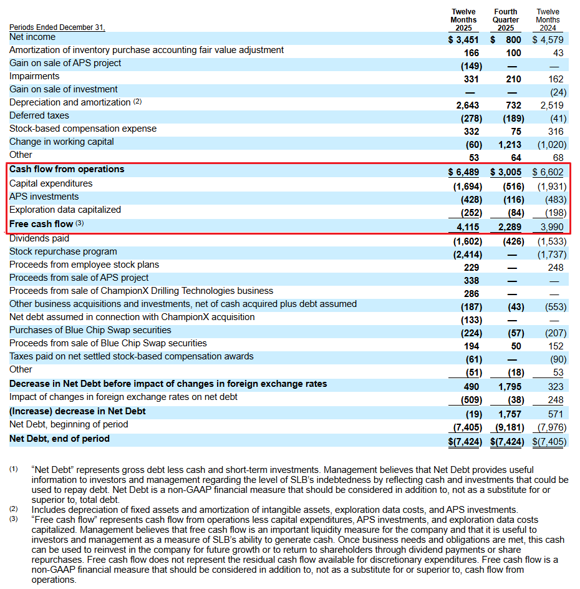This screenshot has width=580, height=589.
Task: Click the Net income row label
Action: click(x=32, y=37)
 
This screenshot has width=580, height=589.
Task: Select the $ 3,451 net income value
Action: click(x=463, y=40)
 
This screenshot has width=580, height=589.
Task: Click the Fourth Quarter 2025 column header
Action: click(x=505, y=20)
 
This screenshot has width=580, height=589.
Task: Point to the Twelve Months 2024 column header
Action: click(x=548, y=20)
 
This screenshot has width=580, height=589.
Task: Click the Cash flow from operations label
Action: click(x=67, y=170)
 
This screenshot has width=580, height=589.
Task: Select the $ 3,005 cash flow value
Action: click(x=506, y=172)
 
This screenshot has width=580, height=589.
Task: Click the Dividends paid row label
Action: click(x=39, y=238)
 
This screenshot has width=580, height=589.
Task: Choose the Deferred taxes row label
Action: click(x=39, y=115)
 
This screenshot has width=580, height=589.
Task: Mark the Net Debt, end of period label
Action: click(x=59, y=439)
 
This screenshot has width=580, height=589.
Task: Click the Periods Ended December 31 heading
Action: click(x=57, y=27)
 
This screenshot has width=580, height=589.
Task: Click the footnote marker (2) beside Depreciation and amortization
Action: click(x=138, y=102)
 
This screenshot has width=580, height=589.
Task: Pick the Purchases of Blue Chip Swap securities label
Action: click(x=90, y=330)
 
